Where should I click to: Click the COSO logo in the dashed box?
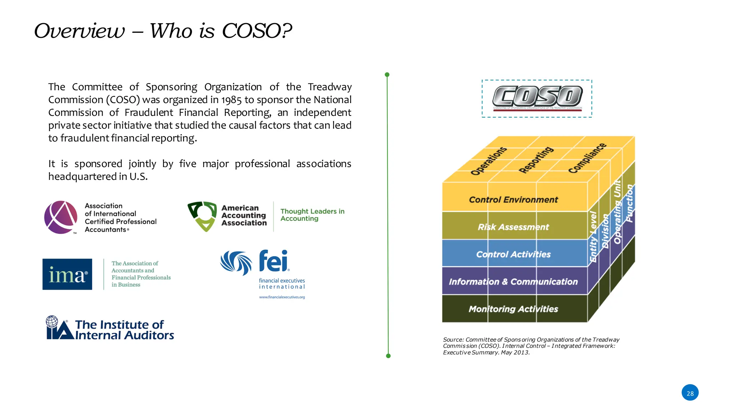coord(537,97)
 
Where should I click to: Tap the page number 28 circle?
coord(690,393)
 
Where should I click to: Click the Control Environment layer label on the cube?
coord(513,200)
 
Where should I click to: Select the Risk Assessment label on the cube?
coord(513,227)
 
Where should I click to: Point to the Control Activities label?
coord(513,254)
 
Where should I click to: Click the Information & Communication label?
coord(513,282)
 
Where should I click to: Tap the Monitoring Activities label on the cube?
coord(513,309)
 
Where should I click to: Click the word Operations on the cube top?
coord(488,161)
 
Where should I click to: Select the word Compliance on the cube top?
coord(587,158)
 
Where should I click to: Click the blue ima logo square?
coord(67,274)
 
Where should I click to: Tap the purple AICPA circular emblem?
coord(61,217)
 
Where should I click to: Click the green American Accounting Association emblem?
coord(202,216)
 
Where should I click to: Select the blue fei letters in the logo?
coord(273,261)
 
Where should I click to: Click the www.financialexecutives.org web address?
coord(282,297)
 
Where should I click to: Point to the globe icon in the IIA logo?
coord(52,321)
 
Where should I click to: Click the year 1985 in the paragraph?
coord(231,100)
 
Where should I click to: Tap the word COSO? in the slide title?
coord(257,31)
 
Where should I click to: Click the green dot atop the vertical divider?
coord(387,75)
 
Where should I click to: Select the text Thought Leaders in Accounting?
coord(312,215)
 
